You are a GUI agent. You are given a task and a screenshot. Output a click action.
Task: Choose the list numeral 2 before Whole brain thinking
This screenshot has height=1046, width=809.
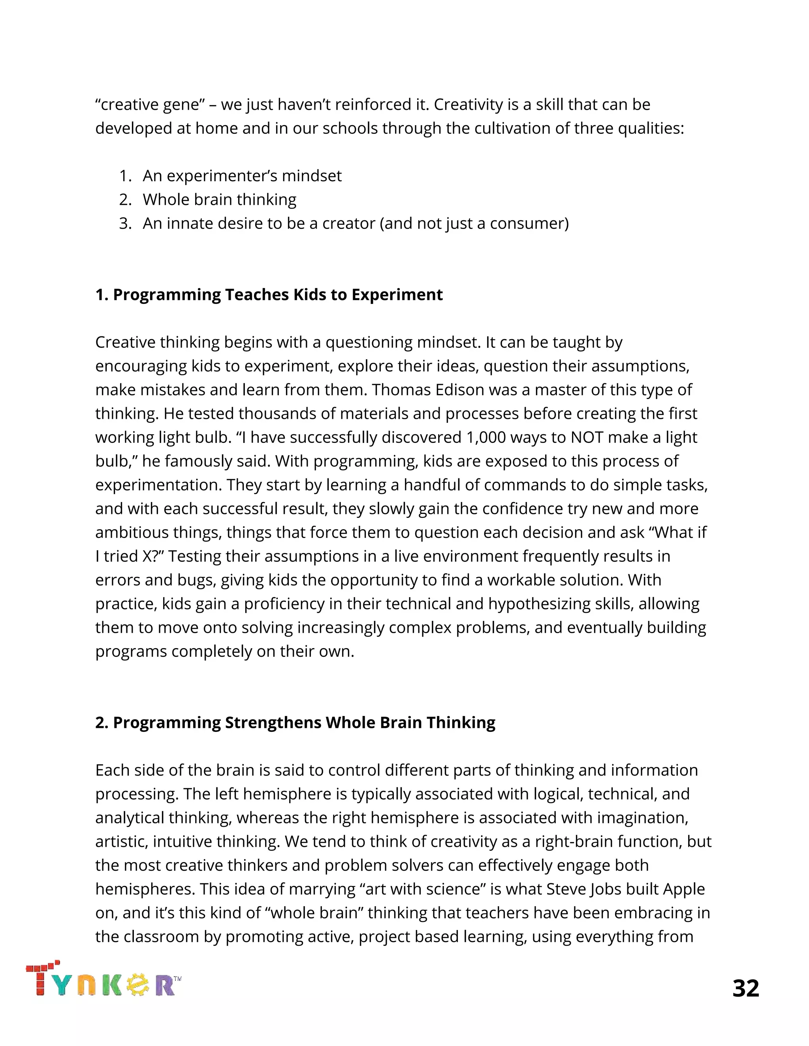click(124, 200)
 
